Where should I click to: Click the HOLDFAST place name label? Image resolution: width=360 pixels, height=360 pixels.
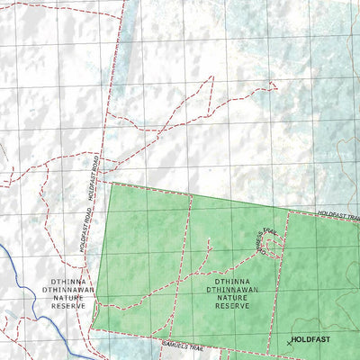(x=313, y=340)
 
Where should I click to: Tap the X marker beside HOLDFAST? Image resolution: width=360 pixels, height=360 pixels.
(x=289, y=343)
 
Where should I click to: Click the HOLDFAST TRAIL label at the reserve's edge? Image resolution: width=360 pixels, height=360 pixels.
(x=340, y=215)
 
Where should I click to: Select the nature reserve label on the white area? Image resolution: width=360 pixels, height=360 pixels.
(x=68, y=293)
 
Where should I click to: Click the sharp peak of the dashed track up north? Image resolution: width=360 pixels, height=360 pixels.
(x=212, y=76)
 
